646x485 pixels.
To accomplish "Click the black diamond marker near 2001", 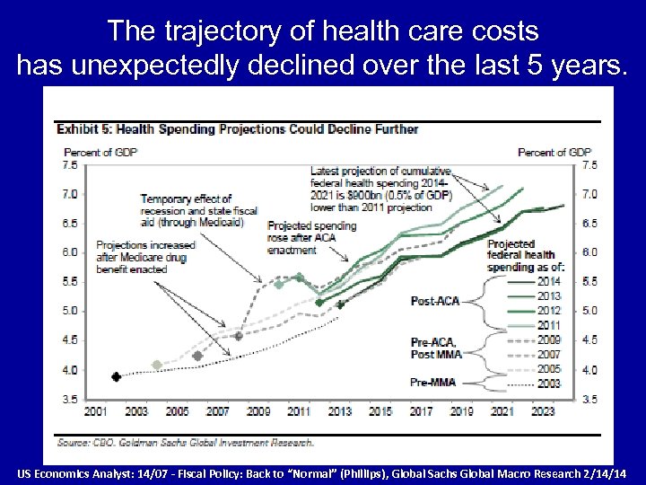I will point(116,376).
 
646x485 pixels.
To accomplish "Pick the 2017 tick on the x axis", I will point(421,411).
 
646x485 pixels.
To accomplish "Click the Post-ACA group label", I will point(435,301).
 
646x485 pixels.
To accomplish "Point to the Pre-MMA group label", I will point(434,383).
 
